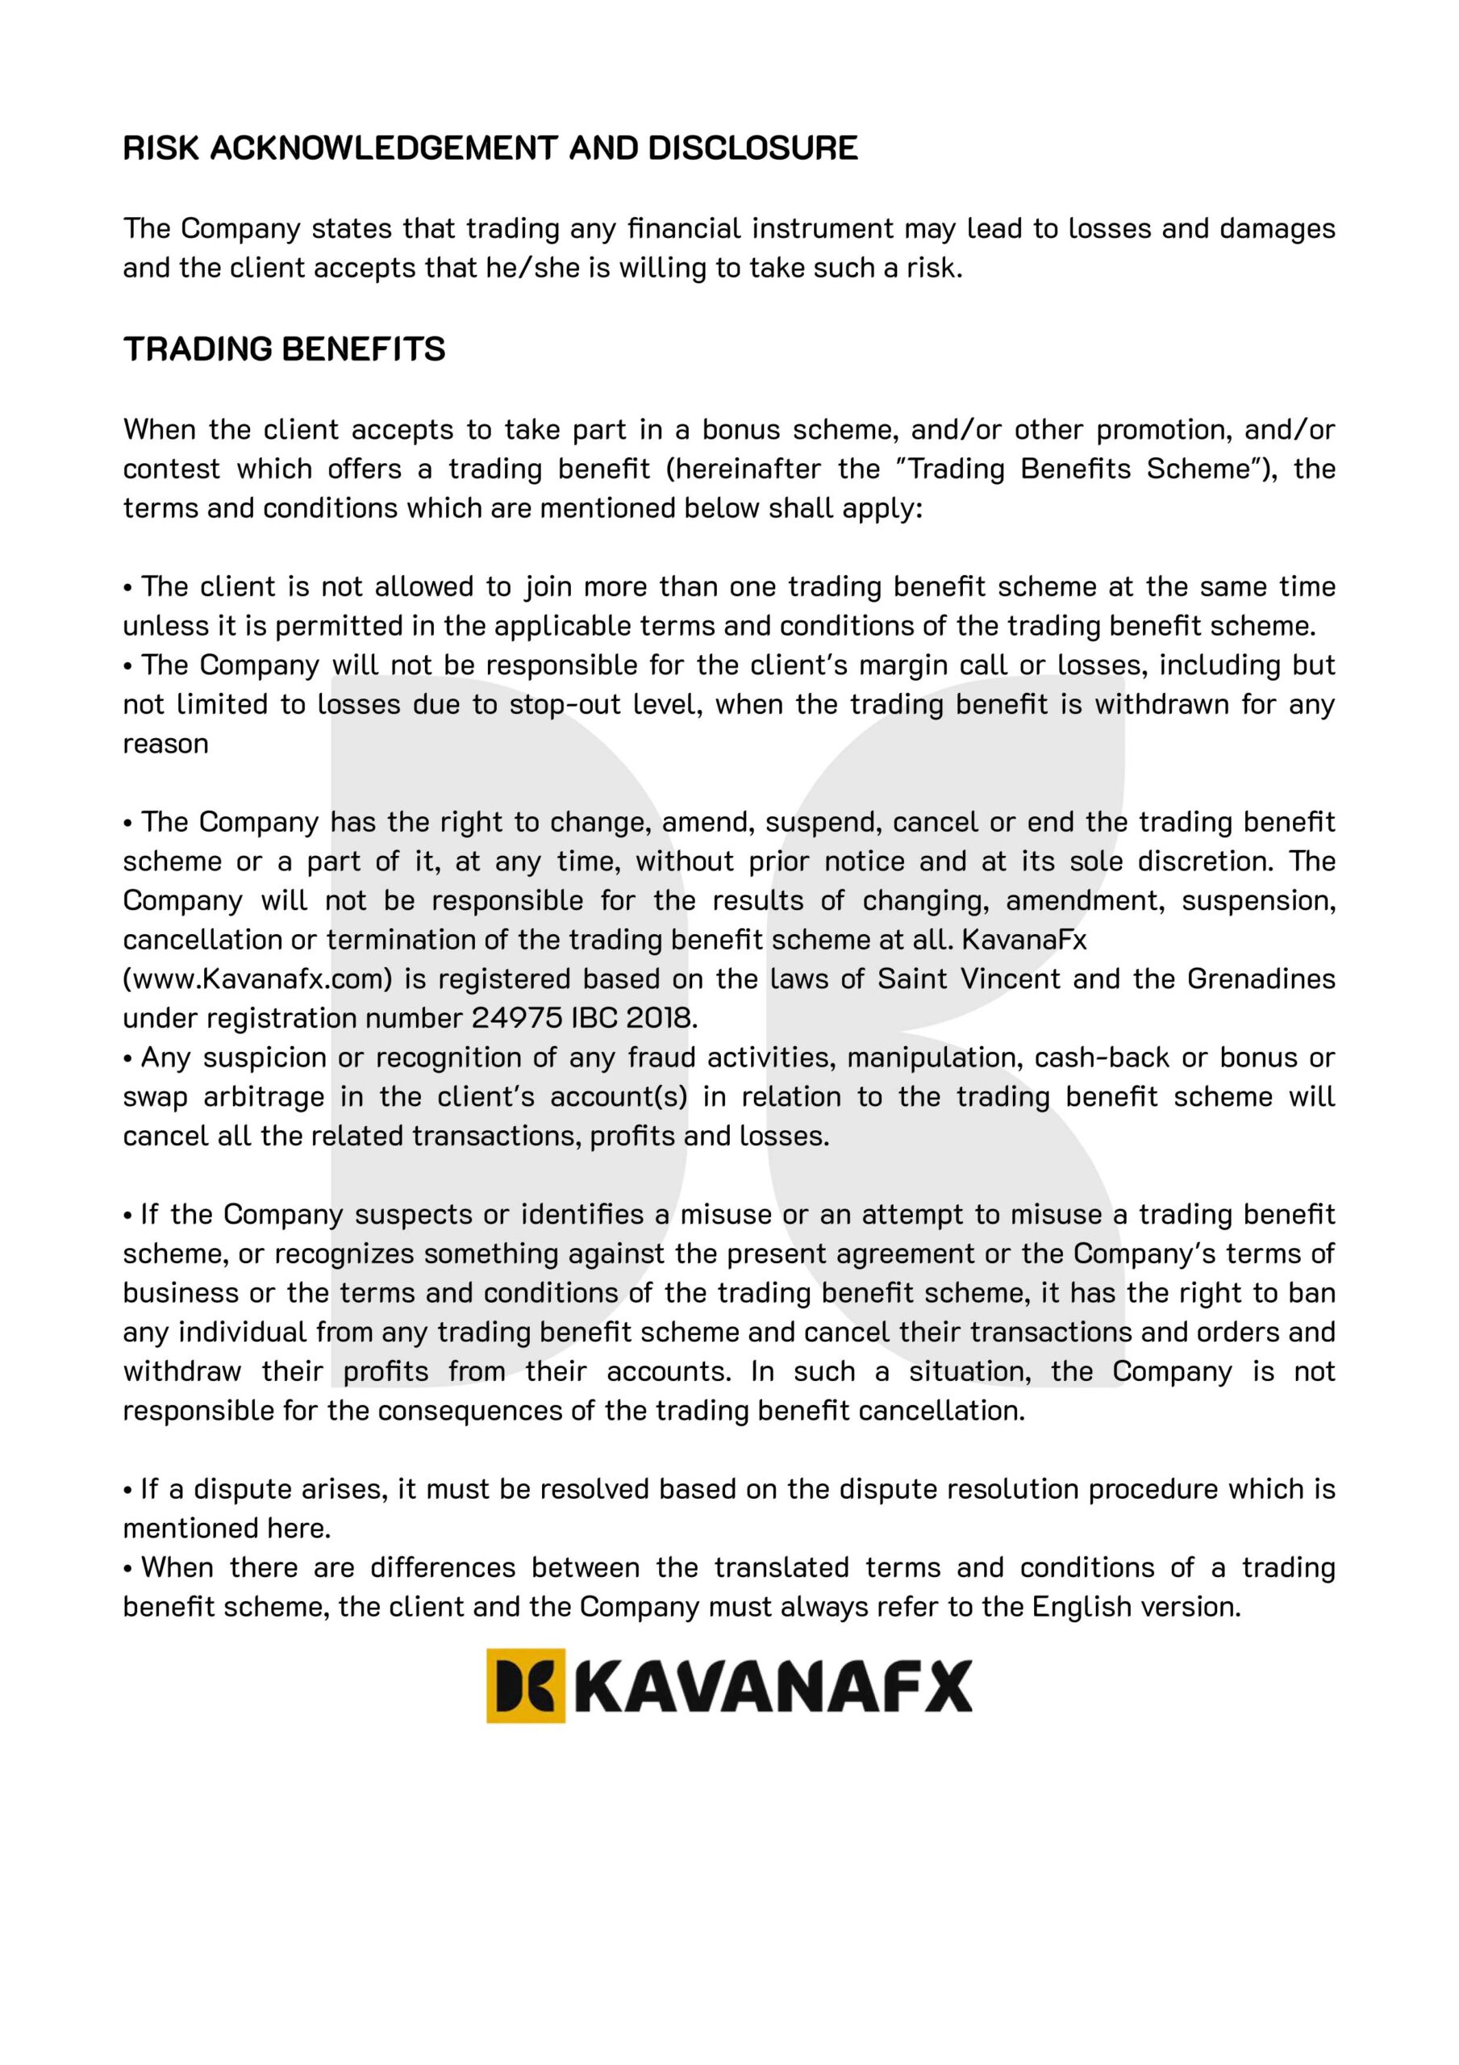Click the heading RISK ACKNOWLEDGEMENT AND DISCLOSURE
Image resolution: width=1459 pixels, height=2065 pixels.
490,148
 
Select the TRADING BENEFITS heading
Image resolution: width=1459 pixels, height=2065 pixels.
284,349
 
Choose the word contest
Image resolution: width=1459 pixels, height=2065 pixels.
171,469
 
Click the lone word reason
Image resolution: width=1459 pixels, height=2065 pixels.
165,744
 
